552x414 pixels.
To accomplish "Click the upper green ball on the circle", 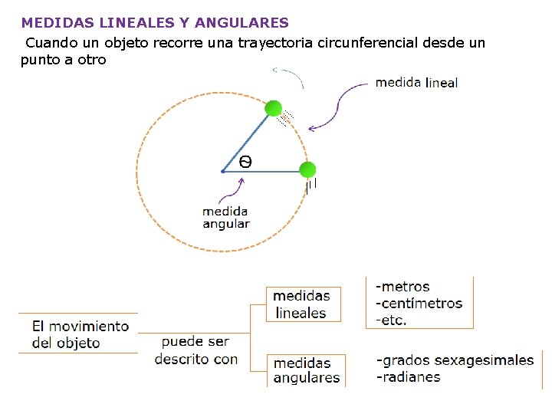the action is click(x=273, y=109).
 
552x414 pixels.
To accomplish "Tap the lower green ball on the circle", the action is click(x=307, y=169).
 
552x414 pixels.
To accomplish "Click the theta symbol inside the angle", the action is click(x=245, y=161).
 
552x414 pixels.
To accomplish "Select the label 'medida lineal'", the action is click(x=416, y=83).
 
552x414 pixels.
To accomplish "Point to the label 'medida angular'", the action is click(x=225, y=217).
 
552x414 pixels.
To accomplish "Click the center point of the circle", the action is click(x=222, y=171).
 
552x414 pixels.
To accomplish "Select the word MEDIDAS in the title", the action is click(x=53, y=24).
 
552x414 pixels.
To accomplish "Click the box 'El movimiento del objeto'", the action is click(x=80, y=334).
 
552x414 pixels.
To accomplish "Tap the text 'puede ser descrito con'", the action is click(x=195, y=350).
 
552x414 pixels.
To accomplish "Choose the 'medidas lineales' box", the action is click(x=301, y=304).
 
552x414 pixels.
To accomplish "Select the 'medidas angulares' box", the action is click(x=306, y=370).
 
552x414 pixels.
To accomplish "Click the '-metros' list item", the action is click(x=402, y=287).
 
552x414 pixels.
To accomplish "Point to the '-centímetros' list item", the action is click(x=419, y=303).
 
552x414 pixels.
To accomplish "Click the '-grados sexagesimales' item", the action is click(x=455, y=360).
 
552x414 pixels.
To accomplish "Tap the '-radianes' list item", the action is click(x=408, y=376).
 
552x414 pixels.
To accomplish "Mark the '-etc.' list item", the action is click(x=391, y=320).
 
